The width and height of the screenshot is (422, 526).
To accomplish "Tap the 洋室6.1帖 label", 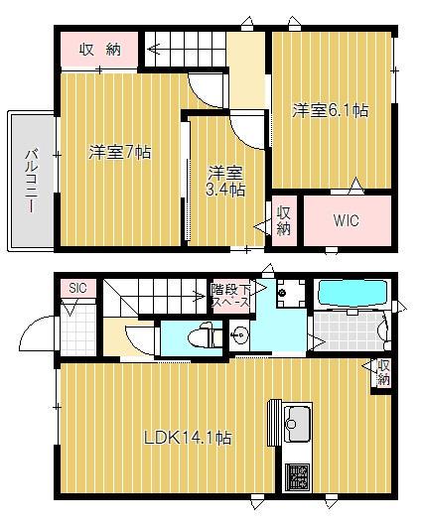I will pyautogui.click(x=330, y=110).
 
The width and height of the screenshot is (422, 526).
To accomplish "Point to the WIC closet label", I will pyautogui.click(x=346, y=220).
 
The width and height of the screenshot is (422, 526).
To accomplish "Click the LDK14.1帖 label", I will pyautogui.click(x=188, y=437).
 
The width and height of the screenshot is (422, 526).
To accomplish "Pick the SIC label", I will pyautogui.click(x=77, y=288).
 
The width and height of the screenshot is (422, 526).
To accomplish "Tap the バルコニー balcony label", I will pyautogui.click(x=31, y=181).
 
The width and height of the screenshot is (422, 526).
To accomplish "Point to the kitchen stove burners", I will pyautogui.click(x=297, y=476).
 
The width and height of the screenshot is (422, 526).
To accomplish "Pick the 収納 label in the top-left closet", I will pyautogui.click(x=101, y=49).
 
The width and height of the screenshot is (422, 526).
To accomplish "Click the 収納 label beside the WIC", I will pyautogui.click(x=284, y=219).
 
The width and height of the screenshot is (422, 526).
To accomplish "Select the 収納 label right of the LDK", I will pyautogui.click(x=382, y=372).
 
